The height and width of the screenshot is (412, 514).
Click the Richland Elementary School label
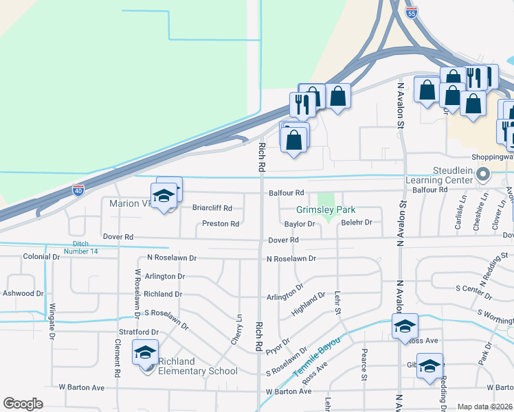198,367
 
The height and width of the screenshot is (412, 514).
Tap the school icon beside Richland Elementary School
146,353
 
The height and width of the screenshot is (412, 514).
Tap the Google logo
23,404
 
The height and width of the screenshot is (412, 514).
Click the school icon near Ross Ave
405,326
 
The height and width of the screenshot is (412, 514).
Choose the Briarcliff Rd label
212,208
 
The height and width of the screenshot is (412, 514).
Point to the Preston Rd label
221,224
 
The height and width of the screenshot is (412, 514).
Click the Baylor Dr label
299,224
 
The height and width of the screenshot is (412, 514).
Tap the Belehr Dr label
357,222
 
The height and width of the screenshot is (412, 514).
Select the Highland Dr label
308,305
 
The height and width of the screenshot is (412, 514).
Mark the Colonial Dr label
41,257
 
